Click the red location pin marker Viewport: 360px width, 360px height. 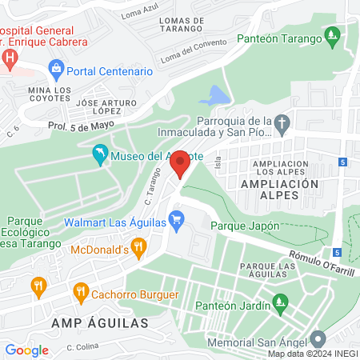pyautogui.click(x=181, y=163)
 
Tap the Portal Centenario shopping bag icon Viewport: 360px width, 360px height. pyautogui.click(x=55, y=70)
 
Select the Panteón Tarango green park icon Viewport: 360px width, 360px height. pyautogui.click(x=333, y=36)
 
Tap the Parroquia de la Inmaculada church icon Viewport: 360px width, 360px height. pyautogui.click(x=281, y=124)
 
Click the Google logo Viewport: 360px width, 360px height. pyautogui.click(x=26, y=350)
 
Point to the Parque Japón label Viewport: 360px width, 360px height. pyautogui.click(x=245, y=226)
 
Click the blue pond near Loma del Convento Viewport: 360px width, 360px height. pyautogui.click(x=214, y=95)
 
